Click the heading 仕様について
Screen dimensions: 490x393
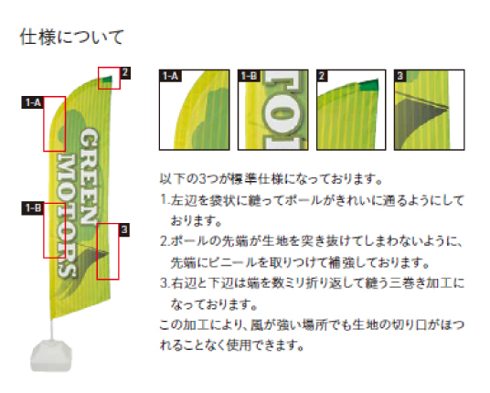(x=72, y=37)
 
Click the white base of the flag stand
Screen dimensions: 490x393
(x=51, y=356)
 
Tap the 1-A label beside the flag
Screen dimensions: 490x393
(x=33, y=102)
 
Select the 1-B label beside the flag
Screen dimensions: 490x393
(x=33, y=208)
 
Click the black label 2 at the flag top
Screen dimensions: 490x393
(x=125, y=73)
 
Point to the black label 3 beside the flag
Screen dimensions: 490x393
(x=124, y=230)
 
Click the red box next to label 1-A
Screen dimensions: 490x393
(x=54, y=124)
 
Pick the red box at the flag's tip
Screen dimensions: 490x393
(x=109, y=78)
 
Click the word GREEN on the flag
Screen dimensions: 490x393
(x=89, y=176)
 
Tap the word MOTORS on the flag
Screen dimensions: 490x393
(x=66, y=217)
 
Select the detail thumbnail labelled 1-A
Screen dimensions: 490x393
(x=195, y=110)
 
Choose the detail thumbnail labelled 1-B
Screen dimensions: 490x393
(x=273, y=110)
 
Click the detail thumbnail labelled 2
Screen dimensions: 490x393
(x=351, y=110)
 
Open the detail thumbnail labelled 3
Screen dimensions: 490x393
(x=430, y=110)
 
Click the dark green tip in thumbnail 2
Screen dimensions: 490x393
(x=368, y=85)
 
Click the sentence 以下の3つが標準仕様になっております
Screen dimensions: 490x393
(x=271, y=179)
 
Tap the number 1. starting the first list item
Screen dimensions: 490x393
(x=165, y=199)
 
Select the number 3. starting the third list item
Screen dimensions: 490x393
(x=165, y=283)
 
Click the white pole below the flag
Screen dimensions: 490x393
(x=52, y=329)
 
